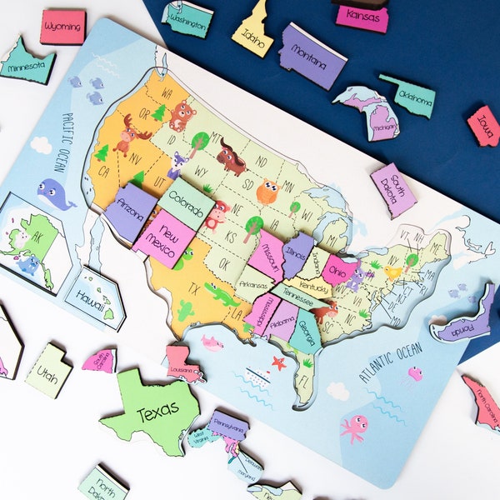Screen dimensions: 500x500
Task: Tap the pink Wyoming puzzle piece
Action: coord(62,27)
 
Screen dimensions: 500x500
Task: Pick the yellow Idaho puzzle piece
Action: coord(252,33)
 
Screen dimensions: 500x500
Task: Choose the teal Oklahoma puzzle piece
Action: coord(410,96)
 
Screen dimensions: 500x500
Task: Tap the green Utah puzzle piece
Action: coord(48,370)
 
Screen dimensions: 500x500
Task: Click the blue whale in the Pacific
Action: coord(55,194)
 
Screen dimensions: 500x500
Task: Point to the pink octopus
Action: coord(354,427)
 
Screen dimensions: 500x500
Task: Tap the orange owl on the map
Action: coord(267,192)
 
